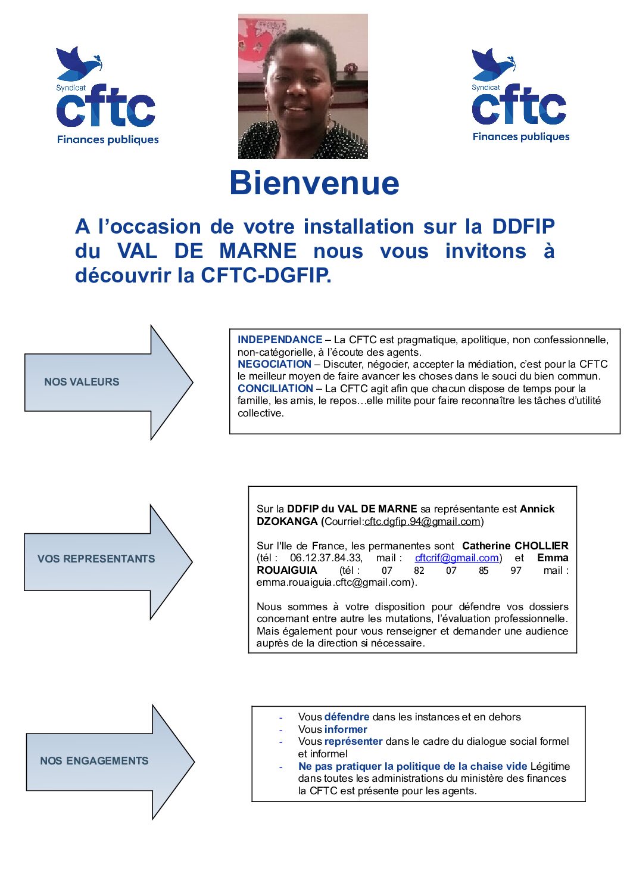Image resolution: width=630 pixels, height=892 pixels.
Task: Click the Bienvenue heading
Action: (314, 183)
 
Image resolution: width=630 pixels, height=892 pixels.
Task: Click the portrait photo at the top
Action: (302, 86)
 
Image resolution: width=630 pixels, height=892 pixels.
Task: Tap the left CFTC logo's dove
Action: (77, 63)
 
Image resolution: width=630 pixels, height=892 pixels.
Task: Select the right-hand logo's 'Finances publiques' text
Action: (520, 137)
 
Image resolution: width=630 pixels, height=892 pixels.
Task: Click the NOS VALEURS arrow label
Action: (82, 382)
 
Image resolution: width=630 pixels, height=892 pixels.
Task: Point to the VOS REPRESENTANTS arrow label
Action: (96, 559)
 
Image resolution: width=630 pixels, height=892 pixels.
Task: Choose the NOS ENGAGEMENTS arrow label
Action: (94, 761)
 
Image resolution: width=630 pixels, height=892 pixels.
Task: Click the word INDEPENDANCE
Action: (280, 340)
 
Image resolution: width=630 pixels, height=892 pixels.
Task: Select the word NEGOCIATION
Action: (275, 364)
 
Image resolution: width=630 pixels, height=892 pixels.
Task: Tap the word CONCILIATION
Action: (275, 388)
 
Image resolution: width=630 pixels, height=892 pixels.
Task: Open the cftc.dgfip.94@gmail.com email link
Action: (422, 522)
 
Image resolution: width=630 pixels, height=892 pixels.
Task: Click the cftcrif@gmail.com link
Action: (457, 558)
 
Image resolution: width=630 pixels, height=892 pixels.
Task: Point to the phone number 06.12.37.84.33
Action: (326, 558)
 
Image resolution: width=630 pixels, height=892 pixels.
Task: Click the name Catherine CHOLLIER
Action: (515, 546)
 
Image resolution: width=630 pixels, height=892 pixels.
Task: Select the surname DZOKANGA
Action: (287, 522)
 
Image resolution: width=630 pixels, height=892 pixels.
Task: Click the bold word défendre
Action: (347, 717)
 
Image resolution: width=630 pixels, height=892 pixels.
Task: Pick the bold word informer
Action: (345, 729)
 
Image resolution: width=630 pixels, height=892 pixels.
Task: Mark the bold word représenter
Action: (353, 741)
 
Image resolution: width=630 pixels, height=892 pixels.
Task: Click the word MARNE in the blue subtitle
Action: (258, 251)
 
